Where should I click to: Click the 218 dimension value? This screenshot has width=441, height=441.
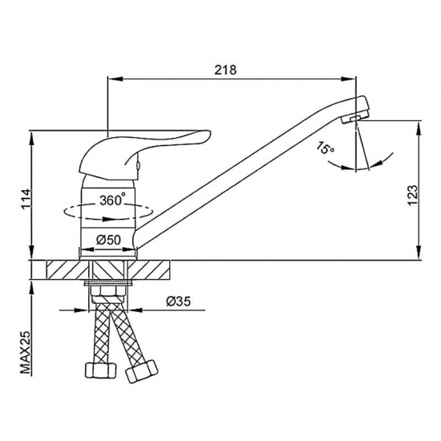point(225,70)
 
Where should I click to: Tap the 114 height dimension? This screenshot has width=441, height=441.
point(26,199)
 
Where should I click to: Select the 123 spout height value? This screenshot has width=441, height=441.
point(412,195)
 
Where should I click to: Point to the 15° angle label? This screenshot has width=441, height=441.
point(325,148)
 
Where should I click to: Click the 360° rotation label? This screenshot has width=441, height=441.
point(112,200)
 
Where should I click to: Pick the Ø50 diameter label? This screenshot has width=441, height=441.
point(108,240)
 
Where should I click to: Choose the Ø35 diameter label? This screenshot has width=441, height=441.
point(178,301)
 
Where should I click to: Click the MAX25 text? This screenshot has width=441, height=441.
point(26,352)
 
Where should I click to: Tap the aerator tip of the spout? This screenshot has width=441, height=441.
point(355,118)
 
